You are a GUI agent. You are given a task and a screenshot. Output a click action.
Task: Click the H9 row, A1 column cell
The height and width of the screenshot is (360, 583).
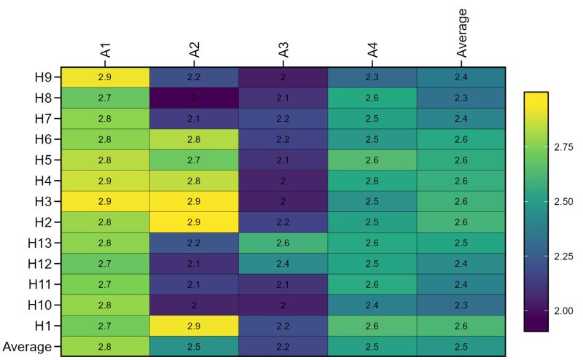point(105,77)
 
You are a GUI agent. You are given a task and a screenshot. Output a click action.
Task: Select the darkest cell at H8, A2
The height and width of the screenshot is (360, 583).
point(194,97)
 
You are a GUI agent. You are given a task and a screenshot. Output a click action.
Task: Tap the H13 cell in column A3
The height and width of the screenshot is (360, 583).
point(283,243)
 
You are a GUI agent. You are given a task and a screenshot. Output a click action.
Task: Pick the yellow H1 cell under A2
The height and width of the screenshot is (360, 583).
point(194,326)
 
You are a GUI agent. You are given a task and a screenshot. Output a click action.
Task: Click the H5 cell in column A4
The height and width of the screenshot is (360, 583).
point(372,160)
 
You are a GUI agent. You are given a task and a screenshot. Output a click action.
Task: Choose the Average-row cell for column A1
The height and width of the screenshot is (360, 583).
point(105,346)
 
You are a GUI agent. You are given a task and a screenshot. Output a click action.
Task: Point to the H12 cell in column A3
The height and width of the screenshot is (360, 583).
point(283,263)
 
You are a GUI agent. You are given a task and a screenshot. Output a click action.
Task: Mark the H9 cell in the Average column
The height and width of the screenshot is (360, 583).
point(461,77)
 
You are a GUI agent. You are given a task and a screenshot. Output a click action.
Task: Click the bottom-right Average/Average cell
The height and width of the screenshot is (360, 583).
point(461,346)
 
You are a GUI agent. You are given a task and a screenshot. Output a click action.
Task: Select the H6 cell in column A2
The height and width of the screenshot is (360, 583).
point(194,138)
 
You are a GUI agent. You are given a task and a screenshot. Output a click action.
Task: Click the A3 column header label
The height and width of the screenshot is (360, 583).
point(284,50)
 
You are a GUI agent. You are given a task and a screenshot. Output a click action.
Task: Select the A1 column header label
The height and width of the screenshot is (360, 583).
point(106,50)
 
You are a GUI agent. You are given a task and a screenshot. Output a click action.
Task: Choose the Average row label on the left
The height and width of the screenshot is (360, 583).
point(27,347)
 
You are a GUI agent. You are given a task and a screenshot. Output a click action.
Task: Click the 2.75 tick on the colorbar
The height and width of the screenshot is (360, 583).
point(563,146)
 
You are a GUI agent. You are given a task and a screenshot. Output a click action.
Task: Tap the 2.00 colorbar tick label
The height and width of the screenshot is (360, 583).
point(563,311)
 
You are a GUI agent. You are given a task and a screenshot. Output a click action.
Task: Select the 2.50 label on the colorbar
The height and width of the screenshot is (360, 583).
point(563,201)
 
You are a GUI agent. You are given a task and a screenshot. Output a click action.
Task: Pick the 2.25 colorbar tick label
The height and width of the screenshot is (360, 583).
point(563,257)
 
